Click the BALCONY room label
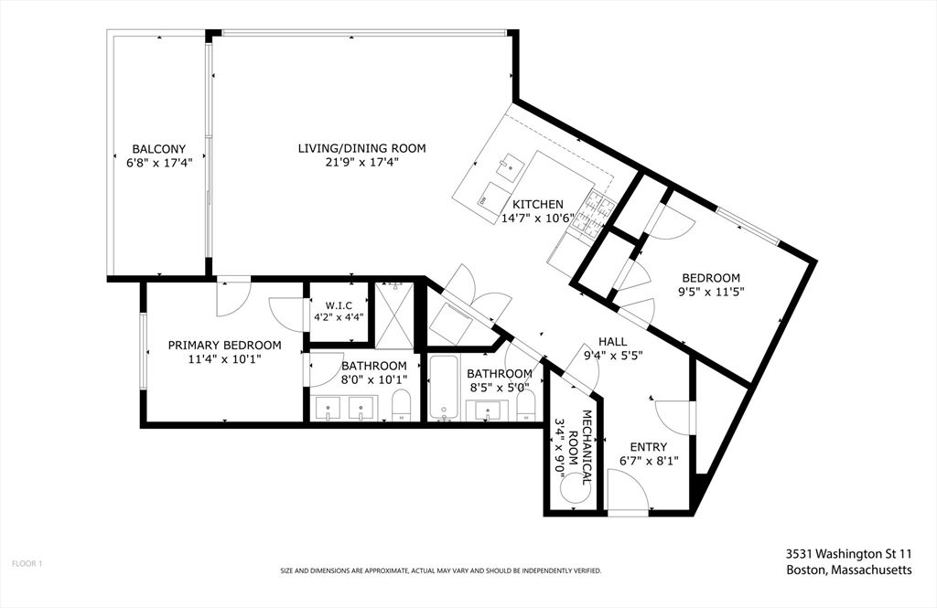pyautogui.click(x=159, y=149)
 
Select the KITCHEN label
pyautogui.click(x=538, y=204)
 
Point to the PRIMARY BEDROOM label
pyautogui.click(x=225, y=346)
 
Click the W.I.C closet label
pyautogui.click(x=339, y=305)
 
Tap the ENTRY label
pyautogui.click(x=649, y=447)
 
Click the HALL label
pyautogui.click(x=613, y=342)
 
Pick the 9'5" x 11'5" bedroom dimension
pyautogui.click(x=711, y=292)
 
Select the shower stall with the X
pyautogui.click(x=393, y=315)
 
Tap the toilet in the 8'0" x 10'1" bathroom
pyautogui.click(x=401, y=405)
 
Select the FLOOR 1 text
pyautogui.click(x=27, y=563)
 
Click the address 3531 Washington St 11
pyautogui.click(x=848, y=553)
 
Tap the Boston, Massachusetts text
pyautogui.click(x=848, y=570)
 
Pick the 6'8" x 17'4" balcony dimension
pyautogui.click(x=159, y=162)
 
